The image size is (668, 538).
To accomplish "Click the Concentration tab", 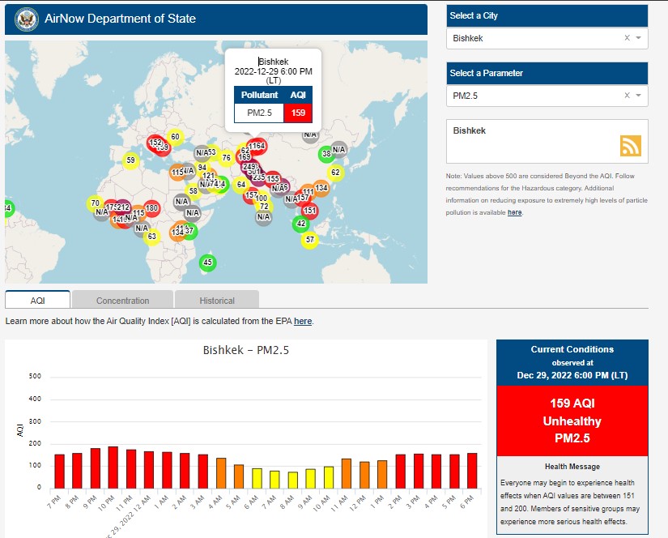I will (122, 301).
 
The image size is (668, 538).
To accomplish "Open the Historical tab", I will (217, 301).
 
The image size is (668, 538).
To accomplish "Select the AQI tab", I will (37, 301).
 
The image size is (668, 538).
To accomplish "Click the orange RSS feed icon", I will (631, 145).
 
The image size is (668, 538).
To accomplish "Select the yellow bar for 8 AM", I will (293, 479).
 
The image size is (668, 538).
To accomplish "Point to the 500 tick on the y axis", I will (35, 376).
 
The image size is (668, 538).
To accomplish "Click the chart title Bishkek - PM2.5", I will (245, 351).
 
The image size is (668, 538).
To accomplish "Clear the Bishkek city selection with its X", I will (627, 38).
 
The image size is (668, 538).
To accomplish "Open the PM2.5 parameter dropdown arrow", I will (638, 96).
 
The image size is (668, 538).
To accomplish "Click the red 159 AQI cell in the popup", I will (298, 113).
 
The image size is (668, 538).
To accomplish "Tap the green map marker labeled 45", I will (208, 262).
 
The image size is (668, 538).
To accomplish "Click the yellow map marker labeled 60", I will (175, 137).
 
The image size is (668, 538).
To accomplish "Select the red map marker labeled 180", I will (151, 208).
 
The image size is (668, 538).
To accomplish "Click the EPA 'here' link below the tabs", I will (303, 322).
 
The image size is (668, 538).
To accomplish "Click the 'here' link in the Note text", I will (515, 212).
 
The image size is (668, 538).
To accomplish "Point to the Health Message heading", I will (572, 467).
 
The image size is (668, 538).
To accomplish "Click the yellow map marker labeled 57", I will (309, 240).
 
